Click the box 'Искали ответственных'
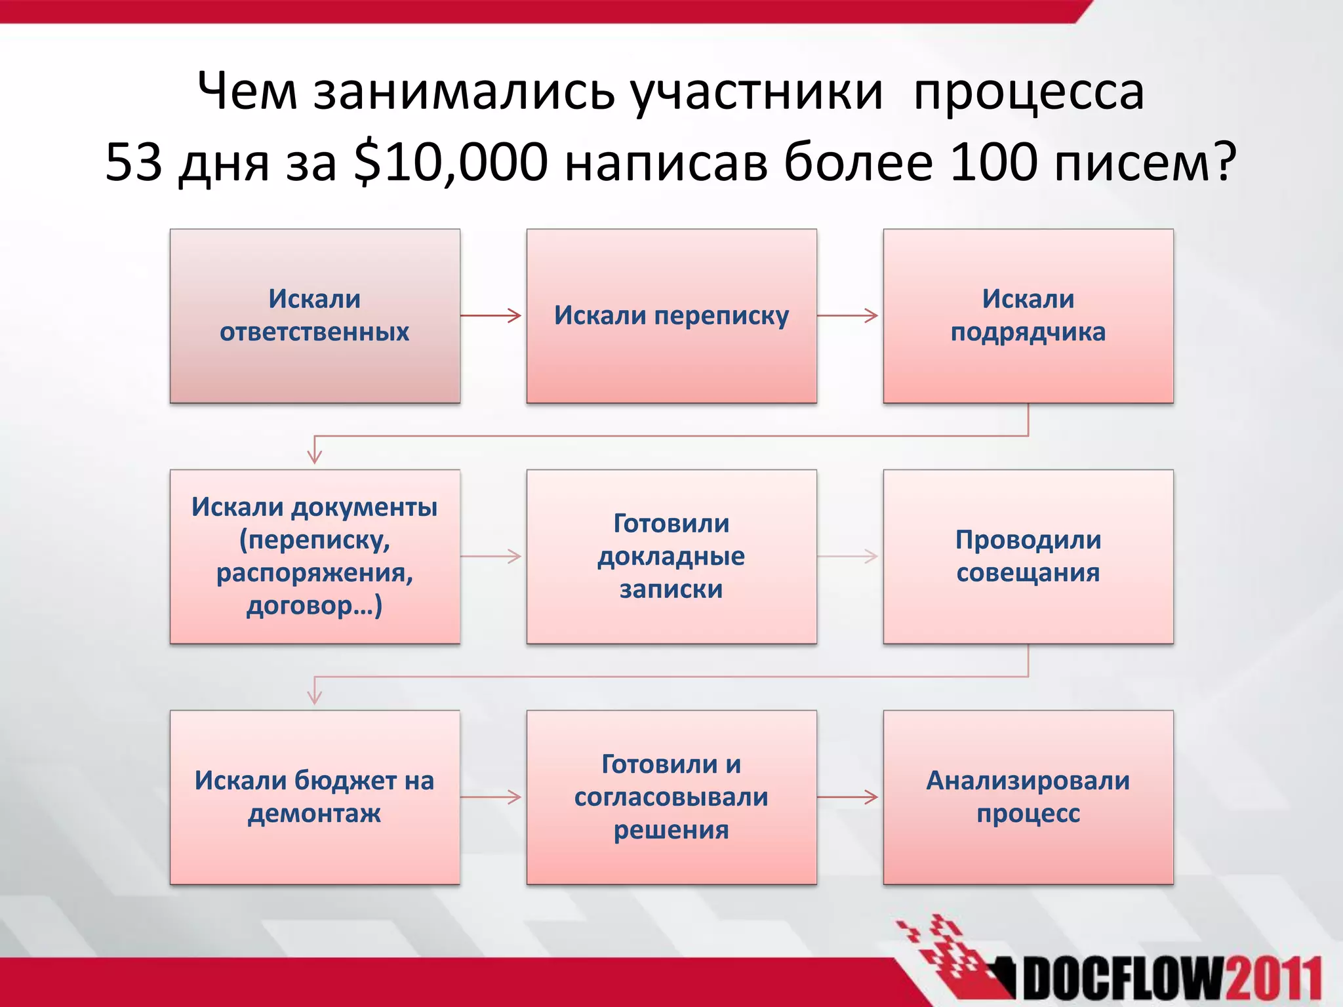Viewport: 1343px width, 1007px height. [x=315, y=315]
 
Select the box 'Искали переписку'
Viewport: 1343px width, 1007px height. [x=671, y=315]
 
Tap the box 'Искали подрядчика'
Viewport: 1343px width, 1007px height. [x=1028, y=315]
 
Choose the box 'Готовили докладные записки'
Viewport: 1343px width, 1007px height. [x=671, y=556]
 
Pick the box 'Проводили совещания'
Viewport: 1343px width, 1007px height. [x=1028, y=556]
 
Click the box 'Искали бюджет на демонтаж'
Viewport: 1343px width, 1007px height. [x=315, y=797]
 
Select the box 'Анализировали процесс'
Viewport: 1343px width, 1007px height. [x=1028, y=797]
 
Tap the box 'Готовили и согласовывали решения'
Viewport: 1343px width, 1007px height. [x=671, y=797]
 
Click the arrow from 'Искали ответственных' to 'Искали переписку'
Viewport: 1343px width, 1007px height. [x=492, y=315]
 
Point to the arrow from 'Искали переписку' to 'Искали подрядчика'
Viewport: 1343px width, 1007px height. [x=849, y=315]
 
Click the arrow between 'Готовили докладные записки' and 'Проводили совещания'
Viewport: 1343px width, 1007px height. [x=849, y=556]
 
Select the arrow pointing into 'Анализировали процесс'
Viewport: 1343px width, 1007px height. [x=849, y=797]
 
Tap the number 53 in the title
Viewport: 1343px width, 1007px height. [x=133, y=162]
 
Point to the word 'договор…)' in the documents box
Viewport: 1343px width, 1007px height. [x=315, y=605]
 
